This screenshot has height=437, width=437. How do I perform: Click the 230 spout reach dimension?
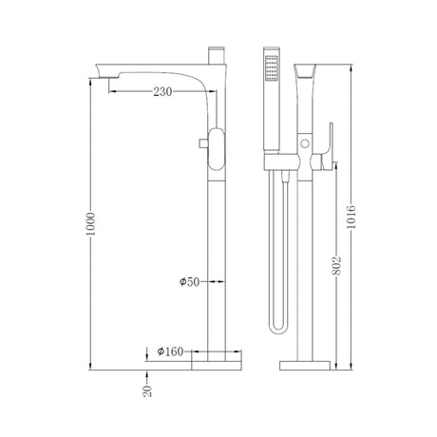[162, 92]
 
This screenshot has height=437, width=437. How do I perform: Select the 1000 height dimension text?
[90, 224]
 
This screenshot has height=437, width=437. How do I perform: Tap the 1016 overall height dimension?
[351, 217]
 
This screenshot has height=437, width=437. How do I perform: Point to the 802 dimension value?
[336, 266]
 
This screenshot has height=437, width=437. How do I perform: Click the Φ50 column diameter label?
[189, 282]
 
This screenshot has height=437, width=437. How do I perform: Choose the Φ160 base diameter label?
[170, 351]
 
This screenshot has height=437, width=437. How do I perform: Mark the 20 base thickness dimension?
[147, 391]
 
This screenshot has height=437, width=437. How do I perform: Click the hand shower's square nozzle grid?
[272, 68]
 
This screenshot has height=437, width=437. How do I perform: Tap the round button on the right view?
[305, 143]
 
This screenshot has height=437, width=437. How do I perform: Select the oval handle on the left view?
[217, 149]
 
